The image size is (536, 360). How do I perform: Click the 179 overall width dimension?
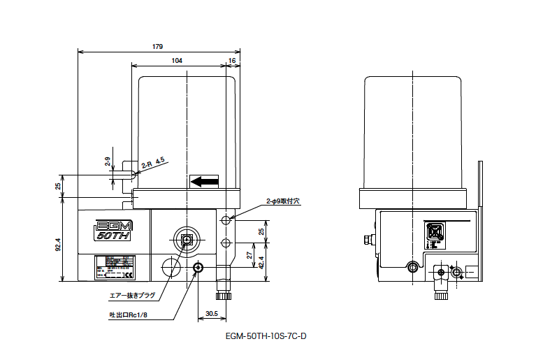(x=157, y=46)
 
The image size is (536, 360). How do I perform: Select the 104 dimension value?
(x=176, y=61)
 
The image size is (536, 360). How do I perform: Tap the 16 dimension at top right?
(x=232, y=61)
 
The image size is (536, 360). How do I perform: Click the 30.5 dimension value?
(x=212, y=313)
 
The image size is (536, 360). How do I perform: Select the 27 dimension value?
(x=250, y=257)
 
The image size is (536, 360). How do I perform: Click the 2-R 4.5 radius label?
(x=153, y=163)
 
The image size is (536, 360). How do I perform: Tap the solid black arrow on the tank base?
(x=205, y=182)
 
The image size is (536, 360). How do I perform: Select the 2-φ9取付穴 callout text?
(x=282, y=201)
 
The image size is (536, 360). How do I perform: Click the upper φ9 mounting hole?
(x=225, y=220)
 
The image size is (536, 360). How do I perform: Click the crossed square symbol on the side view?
(x=434, y=232)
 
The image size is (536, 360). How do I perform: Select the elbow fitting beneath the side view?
(x=440, y=283)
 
